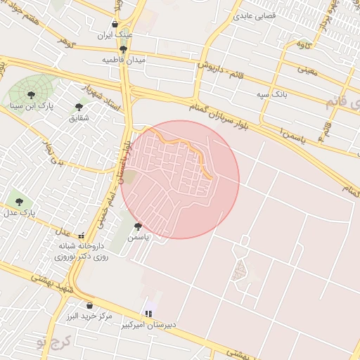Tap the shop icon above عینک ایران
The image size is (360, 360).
click(x=115, y=24)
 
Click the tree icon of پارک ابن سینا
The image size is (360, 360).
click(x=30, y=94)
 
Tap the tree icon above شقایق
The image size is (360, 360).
click(x=79, y=107)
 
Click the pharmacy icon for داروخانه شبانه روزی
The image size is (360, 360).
click(x=82, y=236)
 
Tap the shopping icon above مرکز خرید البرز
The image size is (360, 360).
click(x=90, y=305)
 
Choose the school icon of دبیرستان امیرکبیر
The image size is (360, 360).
click(x=148, y=313)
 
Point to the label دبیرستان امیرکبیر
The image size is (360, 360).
click(x=153, y=325)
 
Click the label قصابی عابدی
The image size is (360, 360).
click(x=255, y=14)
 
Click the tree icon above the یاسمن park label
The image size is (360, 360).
click(x=138, y=227)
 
